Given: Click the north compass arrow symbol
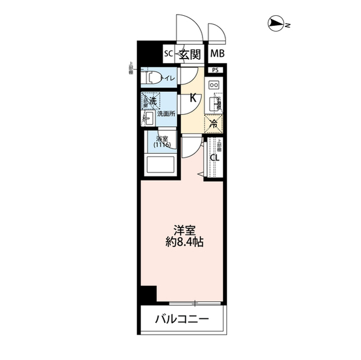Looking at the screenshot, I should [276, 24].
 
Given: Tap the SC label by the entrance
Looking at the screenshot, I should [168, 54].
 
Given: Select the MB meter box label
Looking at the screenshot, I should [217, 54].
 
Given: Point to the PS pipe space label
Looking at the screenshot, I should [215, 70].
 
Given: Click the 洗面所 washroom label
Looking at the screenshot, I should [166, 114].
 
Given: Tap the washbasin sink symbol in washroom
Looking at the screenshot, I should [149, 118].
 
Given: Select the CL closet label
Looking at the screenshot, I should [214, 157].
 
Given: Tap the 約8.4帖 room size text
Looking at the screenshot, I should [184, 244].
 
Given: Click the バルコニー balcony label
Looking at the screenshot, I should [182, 319].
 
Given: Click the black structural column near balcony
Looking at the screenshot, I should [148, 295].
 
